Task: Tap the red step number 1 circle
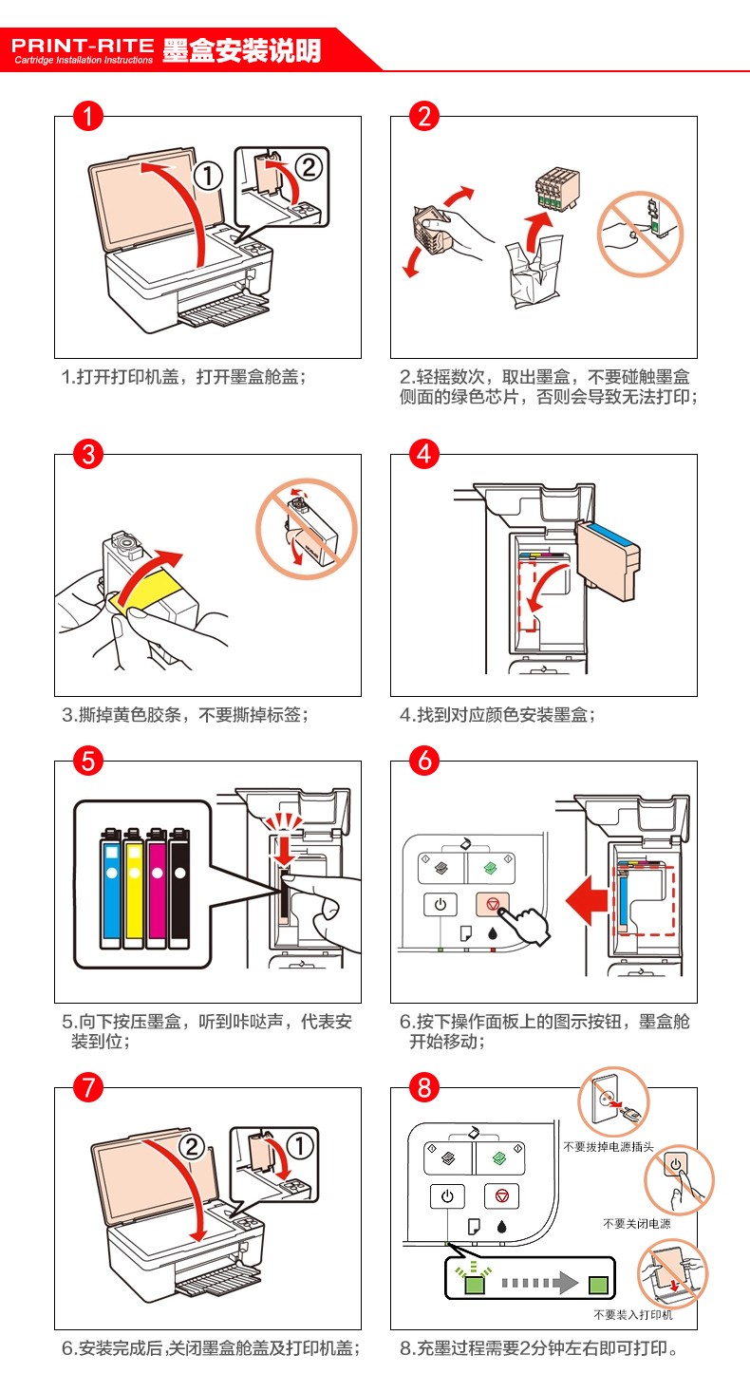tap(87, 116)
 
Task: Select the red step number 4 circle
tap(423, 454)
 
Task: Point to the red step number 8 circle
tap(423, 1087)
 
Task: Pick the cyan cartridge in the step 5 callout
tap(111, 888)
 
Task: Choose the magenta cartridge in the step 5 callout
tap(156, 888)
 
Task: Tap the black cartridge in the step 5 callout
tap(179, 888)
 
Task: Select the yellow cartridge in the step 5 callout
tap(134, 888)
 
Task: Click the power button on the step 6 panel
tap(440, 904)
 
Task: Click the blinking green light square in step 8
tap(475, 1284)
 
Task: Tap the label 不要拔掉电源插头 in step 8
tap(609, 1146)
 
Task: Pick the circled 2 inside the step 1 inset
tap(309, 167)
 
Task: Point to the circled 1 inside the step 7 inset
tap(300, 1146)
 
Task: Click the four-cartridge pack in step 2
tap(557, 188)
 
